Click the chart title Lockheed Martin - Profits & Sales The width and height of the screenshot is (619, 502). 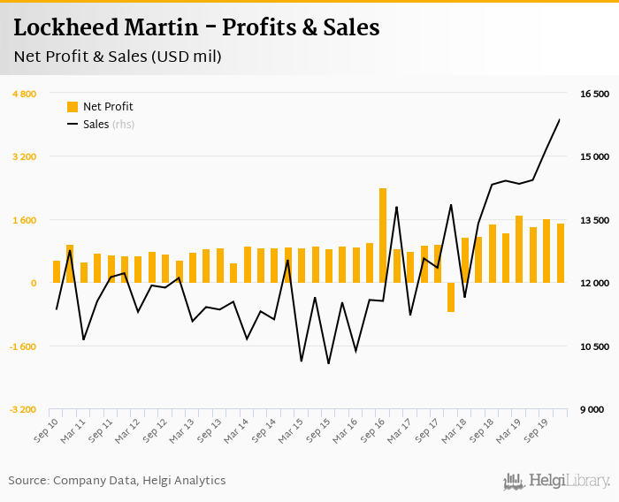coord(196,27)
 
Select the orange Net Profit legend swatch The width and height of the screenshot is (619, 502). coord(73,107)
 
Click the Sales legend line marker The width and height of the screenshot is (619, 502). coord(73,125)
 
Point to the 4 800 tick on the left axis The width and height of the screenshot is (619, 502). coord(24,94)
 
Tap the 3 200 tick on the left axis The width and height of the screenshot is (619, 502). coord(24,157)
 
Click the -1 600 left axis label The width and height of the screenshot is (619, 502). coord(22,346)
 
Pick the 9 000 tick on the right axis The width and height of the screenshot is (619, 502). coord(592,410)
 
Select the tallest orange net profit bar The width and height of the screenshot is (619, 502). coord(383,235)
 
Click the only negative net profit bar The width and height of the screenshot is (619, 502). coord(451,297)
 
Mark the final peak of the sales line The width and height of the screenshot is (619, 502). coord(560,119)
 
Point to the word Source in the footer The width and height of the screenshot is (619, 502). coord(27,481)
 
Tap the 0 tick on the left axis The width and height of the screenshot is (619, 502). coord(34,284)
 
